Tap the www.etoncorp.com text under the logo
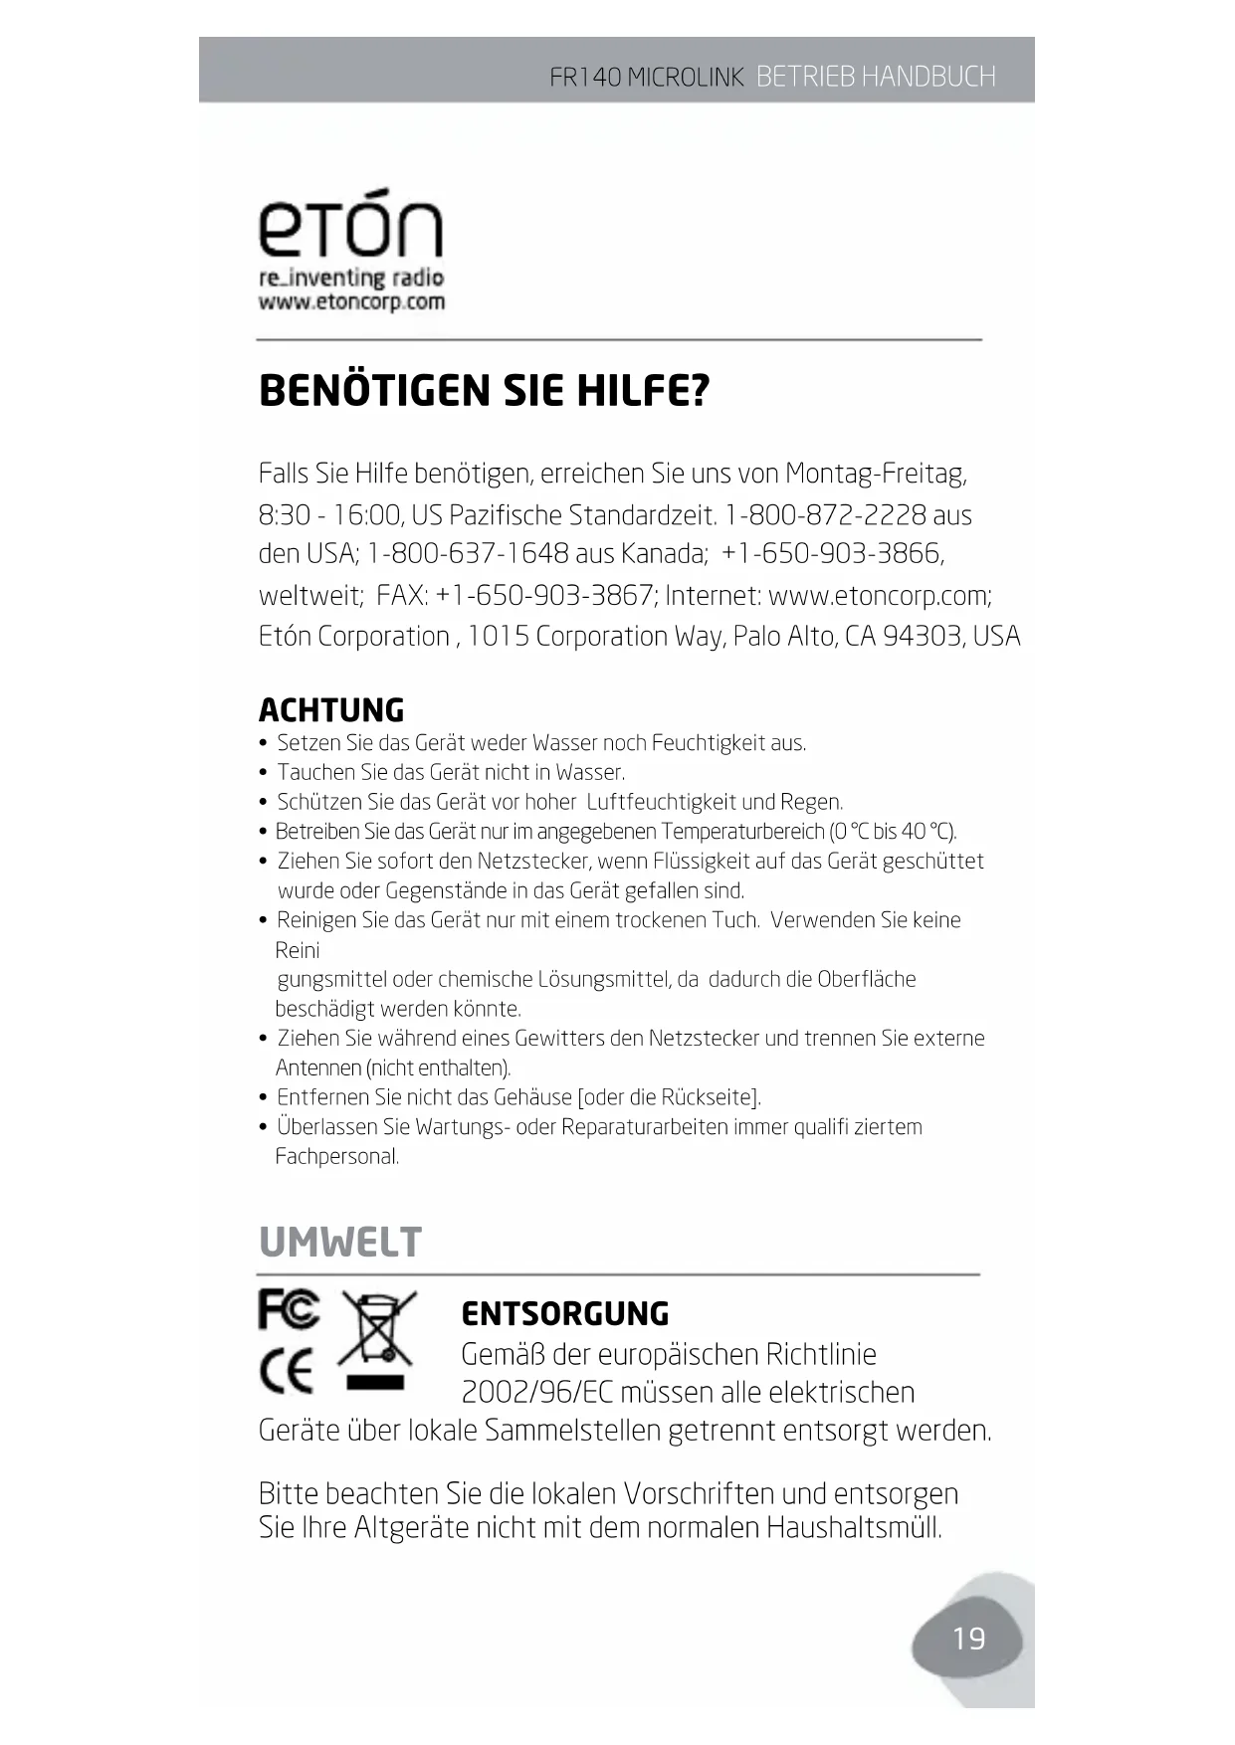coord(351,301)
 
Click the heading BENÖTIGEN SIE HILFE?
coord(484,390)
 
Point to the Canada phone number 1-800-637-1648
coord(468,553)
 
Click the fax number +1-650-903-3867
coord(544,595)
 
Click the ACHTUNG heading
coord(331,710)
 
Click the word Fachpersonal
coord(336,1156)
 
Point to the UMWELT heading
coord(340,1243)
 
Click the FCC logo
coord(289,1309)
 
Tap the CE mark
coord(287,1371)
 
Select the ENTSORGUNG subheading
coord(565,1313)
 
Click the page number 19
coord(968,1639)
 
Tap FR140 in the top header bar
coord(585,77)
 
